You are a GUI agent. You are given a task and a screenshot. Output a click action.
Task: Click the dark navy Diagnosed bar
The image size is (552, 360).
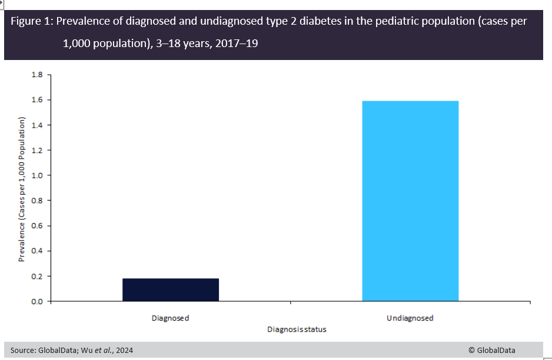(170, 289)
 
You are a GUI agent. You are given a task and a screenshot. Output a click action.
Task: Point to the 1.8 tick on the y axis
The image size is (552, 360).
(37, 75)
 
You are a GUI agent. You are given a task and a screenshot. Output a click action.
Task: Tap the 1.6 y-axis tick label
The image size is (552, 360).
(37, 100)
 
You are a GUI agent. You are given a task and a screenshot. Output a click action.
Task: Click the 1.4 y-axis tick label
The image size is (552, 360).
(37, 125)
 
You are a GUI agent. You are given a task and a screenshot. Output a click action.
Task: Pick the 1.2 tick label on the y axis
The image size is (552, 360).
(37, 151)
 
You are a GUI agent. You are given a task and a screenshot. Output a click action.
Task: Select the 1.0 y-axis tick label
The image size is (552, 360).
(37, 175)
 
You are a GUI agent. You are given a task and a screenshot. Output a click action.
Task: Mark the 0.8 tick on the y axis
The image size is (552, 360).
(37, 201)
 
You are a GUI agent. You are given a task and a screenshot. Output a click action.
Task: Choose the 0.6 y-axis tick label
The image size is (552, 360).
(37, 226)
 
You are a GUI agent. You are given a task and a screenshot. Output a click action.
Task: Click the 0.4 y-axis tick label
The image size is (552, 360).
(37, 251)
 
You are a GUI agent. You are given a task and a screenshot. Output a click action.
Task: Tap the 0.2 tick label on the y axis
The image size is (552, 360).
(37, 276)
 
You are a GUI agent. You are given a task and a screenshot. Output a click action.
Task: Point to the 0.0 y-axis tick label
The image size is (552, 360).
(37, 301)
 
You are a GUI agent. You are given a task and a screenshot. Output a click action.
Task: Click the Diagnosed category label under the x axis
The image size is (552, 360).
(170, 318)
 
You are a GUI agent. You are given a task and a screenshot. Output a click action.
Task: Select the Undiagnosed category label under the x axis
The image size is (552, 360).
(410, 318)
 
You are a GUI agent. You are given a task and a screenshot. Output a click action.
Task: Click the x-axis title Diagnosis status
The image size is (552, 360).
(297, 329)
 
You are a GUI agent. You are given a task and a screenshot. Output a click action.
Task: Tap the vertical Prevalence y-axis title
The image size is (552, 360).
(22, 188)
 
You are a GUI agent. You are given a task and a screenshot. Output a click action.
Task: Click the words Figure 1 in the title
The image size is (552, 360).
(32, 22)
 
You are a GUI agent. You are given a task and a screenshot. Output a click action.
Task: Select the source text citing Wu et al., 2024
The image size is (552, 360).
(72, 350)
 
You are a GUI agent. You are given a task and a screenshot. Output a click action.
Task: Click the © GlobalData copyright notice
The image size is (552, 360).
(491, 350)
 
